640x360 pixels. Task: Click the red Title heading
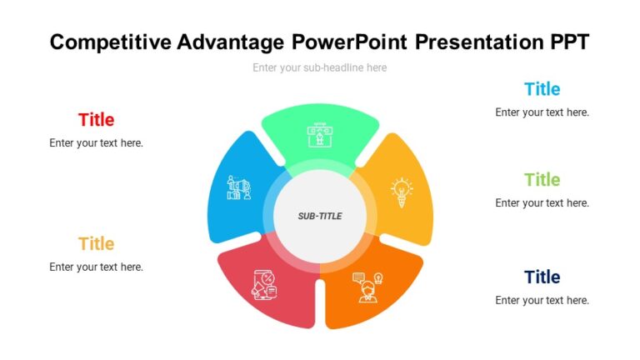[96, 120]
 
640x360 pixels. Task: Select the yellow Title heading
[96, 244]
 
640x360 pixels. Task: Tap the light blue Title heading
[542, 89]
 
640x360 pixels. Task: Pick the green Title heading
[542, 180]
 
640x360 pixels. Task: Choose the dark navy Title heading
[542, 277]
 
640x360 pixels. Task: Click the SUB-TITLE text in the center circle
[320, 217]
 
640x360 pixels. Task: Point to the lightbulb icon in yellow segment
[402, 192]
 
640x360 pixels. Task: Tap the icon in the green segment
[319, 136]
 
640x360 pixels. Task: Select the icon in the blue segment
[240, 187]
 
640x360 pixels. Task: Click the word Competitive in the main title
[110, 42]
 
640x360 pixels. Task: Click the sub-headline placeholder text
[320, 67]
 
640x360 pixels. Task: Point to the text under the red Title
[96, 143]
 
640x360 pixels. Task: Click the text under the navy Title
[542, 301]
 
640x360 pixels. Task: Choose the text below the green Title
[542, 203]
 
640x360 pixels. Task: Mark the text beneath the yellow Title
[96, 267]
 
